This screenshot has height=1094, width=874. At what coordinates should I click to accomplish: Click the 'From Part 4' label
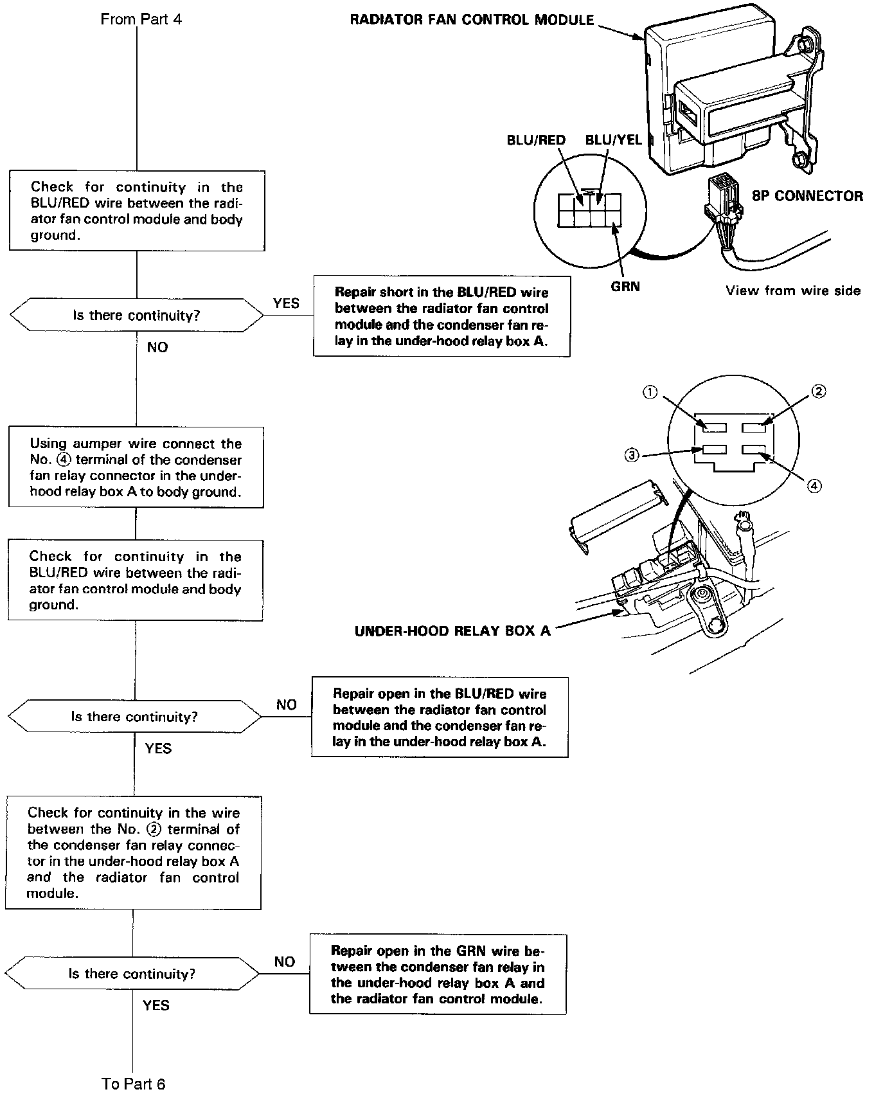coord(141,19)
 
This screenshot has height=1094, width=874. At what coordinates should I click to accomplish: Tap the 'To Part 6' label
coord(134,1084)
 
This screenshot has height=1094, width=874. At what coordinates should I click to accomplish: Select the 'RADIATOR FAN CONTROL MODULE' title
coord(472,20)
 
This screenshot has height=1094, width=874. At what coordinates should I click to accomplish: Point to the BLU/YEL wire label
coord(613,140)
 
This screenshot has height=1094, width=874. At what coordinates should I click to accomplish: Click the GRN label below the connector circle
coord(625,287)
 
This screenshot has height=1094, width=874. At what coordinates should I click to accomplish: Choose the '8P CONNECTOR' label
coord(807,196)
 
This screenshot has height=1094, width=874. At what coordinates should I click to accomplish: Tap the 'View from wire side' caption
coord(793,291)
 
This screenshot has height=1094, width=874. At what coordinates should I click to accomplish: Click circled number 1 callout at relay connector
coord(650,392)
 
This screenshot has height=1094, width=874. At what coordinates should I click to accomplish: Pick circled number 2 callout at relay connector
coord(818,391)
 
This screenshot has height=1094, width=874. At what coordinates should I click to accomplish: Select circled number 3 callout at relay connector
coord(632,455)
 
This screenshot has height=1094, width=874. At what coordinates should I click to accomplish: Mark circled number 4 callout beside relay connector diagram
coord(814,486)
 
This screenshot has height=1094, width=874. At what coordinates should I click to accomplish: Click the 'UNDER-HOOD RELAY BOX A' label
coord(452,631)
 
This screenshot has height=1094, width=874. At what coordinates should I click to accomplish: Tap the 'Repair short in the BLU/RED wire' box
coord(441,316)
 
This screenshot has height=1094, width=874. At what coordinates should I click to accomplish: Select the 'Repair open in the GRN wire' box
coord(438,974)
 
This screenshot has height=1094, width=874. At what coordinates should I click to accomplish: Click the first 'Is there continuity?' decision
coord(136,316)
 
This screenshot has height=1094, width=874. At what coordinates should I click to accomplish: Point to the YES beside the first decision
coord(286,303)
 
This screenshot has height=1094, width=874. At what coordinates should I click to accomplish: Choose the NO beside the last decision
coord(284,962)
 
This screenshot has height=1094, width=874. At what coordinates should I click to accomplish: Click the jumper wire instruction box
coord(136,467)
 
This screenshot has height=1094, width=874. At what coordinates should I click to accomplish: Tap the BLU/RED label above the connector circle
coord(536,140)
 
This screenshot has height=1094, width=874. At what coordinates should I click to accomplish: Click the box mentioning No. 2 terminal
coord(133,853)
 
